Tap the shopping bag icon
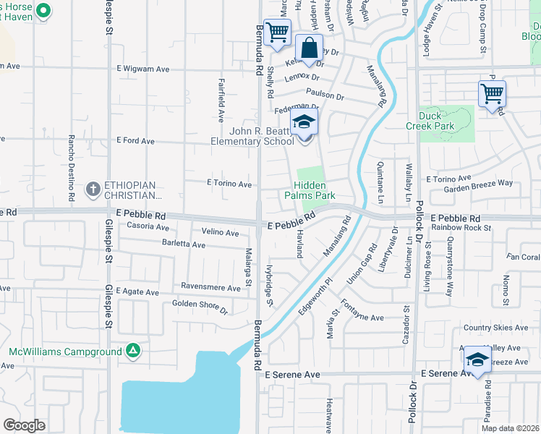click(x=309, y=50)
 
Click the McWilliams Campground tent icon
click(x=132, y=352)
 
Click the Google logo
click(x=24, y=425)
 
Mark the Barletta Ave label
click(x=184, y=244)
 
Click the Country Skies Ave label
click(x=496, y=328)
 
